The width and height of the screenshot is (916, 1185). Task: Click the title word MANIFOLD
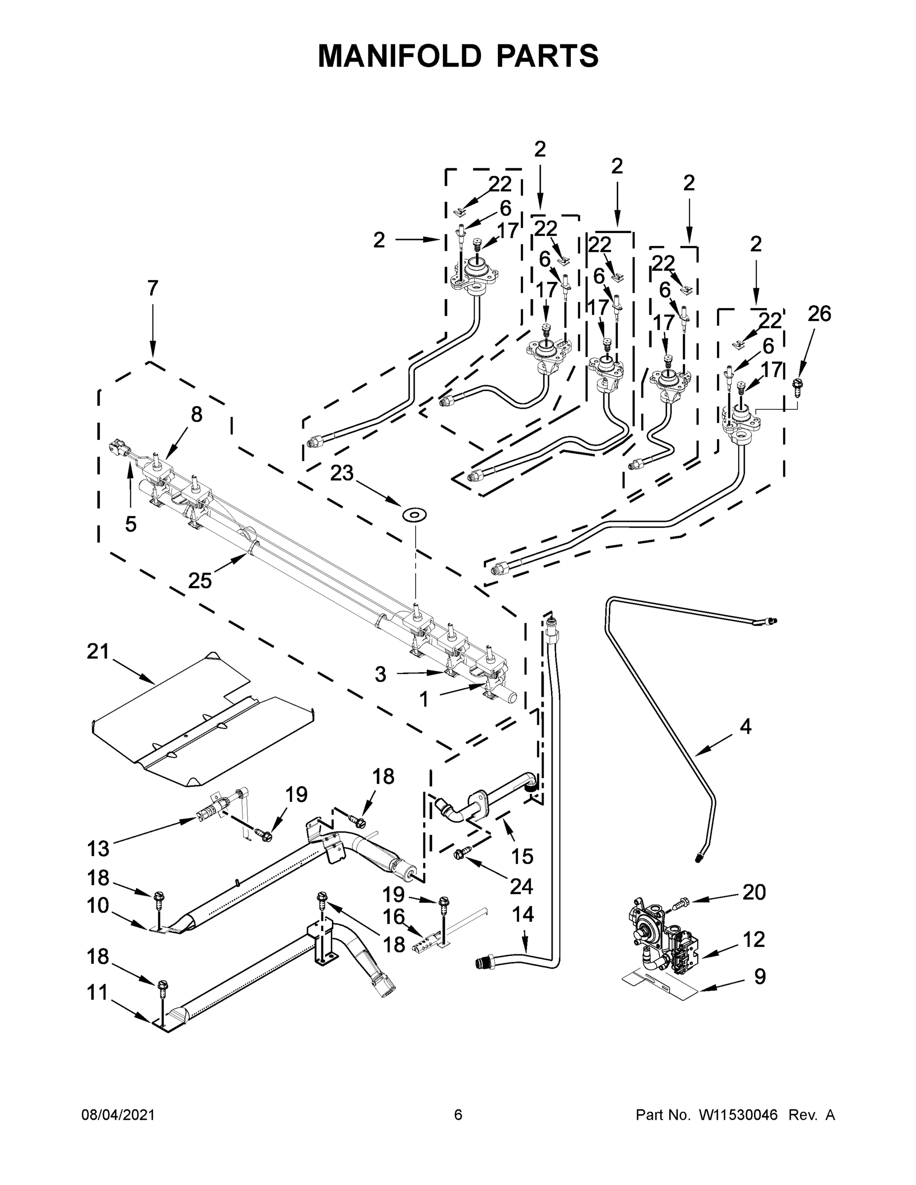399,55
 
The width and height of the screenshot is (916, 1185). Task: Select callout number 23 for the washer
342,473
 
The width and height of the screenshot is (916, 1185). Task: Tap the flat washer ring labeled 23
414,514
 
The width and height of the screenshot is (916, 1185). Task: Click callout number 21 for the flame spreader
98,651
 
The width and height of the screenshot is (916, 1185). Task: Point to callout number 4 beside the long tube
746,726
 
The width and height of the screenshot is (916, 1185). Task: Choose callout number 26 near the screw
819,313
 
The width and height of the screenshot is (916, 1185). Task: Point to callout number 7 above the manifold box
153,288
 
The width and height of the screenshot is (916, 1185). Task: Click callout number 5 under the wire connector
130,524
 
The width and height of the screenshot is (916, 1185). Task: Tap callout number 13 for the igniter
98,848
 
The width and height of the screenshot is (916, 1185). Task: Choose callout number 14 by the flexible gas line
522,914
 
